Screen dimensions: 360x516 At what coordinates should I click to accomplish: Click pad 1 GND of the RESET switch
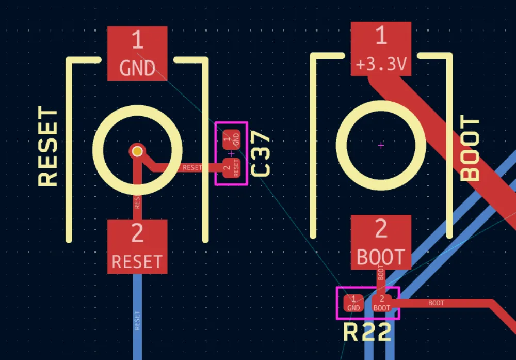137,53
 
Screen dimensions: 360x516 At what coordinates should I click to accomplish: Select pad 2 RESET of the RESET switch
137,247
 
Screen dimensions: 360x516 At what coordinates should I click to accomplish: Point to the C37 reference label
261,153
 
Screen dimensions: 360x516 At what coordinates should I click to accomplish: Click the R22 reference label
367,333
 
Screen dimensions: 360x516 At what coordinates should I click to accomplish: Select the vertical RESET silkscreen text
49,147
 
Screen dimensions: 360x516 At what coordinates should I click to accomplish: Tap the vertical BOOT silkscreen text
470,150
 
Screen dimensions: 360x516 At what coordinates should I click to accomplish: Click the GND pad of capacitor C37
231,138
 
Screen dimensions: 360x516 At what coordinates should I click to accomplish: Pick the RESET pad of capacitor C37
231,167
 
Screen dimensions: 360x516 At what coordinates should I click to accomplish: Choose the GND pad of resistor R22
353,303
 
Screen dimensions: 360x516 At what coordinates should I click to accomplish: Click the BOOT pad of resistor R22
382,303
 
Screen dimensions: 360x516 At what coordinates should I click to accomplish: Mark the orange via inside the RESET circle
137,151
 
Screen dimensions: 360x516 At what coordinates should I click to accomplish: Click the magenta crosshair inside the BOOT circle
381,146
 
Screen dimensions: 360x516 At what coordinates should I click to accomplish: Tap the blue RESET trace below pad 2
137,320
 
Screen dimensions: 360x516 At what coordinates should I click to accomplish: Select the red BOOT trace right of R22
444,303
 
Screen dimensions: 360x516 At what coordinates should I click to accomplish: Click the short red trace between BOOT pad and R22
381,279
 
